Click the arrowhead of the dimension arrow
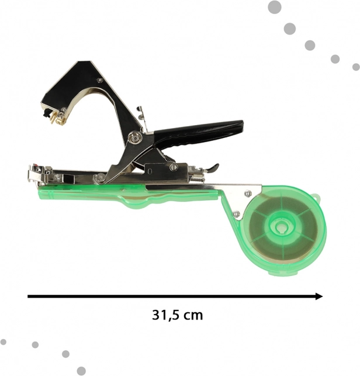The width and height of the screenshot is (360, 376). pos(319,296)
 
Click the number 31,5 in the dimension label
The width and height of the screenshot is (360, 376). pos(165,315)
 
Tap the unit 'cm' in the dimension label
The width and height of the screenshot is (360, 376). pos(193,316)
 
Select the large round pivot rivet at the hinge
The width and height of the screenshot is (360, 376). pos(135,138)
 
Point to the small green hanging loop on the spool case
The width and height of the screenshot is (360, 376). pos(317,198)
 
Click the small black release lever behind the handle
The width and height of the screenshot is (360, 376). pos(213,168)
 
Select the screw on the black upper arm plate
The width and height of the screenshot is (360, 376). pos(100,80)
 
